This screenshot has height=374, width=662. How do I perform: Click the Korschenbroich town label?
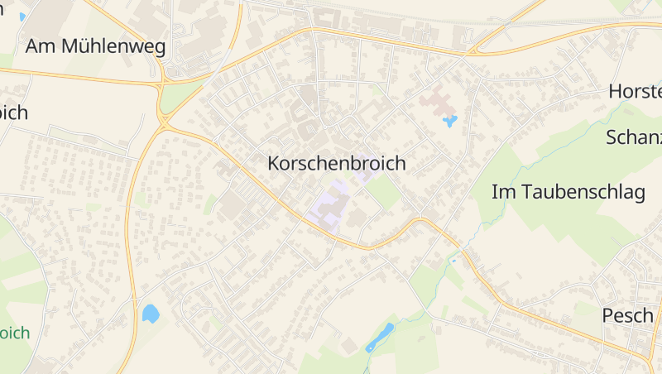(337, 163)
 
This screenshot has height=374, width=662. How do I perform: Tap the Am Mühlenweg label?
(95, 46)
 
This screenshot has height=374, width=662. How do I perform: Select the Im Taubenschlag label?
(568, 192)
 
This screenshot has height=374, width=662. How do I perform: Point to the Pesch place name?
(627, 314)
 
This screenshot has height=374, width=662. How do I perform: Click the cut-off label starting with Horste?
(635, 91)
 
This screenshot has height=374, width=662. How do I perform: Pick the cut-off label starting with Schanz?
(634, 137)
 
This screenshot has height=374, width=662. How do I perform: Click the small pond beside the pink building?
(449, 122)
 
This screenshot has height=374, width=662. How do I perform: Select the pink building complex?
(436, 103)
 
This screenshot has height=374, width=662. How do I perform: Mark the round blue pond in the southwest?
(150, 313)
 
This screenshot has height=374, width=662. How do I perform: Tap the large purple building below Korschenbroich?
(329, 202)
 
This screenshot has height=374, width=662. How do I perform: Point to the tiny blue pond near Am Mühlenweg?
(22, 17)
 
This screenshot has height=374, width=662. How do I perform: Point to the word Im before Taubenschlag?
(501, 192)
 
